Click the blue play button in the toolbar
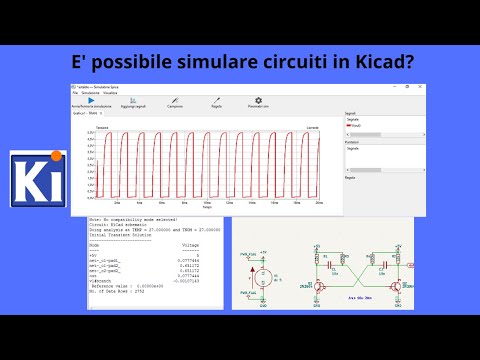point(90,100)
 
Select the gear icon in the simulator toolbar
point(258,100)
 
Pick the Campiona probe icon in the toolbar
point(176,100)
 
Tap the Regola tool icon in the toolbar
point(217,100)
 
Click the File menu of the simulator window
point(73,92)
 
